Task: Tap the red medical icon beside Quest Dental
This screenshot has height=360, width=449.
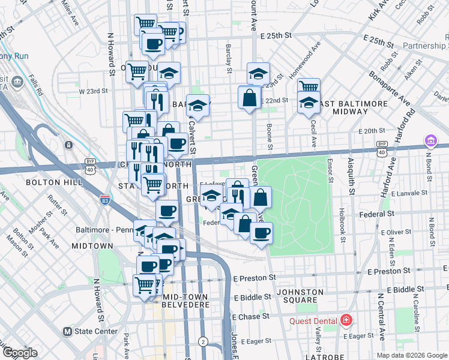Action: tap(346, 320)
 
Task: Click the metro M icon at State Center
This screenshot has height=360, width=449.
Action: tap(68, 331)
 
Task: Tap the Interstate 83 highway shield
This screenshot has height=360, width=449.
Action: tap(106, 198)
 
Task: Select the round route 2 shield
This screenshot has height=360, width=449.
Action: tap(203, 341)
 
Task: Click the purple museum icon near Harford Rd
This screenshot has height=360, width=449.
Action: tap(430, 141)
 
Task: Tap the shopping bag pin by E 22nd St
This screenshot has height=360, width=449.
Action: tap(249, 97)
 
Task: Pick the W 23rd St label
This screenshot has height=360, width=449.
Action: tap(93, 91)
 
